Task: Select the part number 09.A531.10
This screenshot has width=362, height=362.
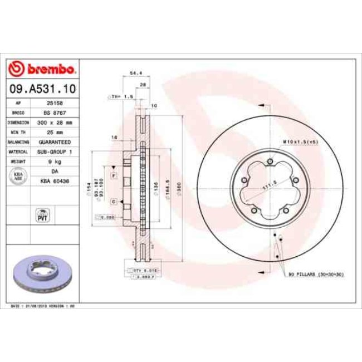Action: tap(43, 89)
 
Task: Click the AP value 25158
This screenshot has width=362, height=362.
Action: tap(54, 103)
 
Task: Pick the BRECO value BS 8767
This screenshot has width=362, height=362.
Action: tap(54, 112)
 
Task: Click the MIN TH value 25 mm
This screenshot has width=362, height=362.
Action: tap(54, 132)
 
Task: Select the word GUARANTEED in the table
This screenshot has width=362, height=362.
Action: tap(54, 141)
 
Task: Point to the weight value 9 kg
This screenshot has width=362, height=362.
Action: tap(54, 161)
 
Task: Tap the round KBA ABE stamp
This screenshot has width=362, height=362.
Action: tap(18, 176)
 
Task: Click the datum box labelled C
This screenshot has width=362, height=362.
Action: tap(113, 201)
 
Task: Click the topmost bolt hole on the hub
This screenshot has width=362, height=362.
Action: tap(270, 162)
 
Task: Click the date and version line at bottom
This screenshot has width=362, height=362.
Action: tap(43, 306)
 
